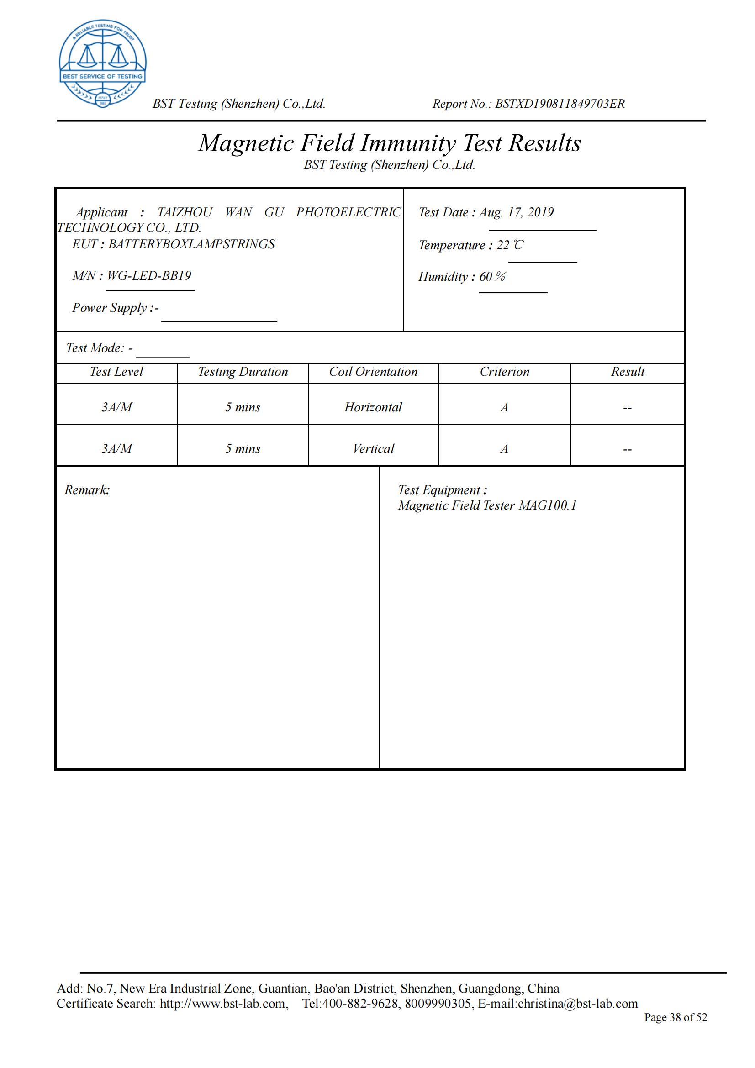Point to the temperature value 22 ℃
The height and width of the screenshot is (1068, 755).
coord(510,245)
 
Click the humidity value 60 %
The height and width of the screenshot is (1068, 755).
coord(492,277)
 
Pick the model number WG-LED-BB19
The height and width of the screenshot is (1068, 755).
coord(149,276)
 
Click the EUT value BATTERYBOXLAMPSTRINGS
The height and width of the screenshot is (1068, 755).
coord(192,244)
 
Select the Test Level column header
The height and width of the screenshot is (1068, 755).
coord(116,372)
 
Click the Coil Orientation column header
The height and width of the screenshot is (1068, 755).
coord(373,372)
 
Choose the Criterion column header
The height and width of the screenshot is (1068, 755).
coord(504,372)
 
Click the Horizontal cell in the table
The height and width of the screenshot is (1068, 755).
coord(373,407)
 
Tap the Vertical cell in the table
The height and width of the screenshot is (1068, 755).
coord(373,449)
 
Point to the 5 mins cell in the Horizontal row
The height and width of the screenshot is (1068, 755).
coord(243,407)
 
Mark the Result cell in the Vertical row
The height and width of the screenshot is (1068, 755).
coord(627,449)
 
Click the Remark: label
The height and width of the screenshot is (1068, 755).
coord(87,490)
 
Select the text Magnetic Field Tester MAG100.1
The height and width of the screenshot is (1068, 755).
coord(487,505)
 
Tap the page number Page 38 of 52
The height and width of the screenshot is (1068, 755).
coord(675,1017)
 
